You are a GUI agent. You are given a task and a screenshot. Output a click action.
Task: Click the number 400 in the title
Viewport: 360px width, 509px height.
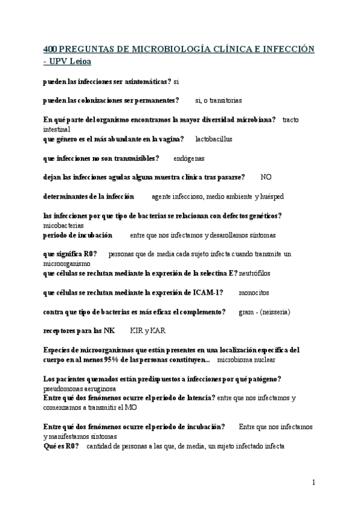[52, 48]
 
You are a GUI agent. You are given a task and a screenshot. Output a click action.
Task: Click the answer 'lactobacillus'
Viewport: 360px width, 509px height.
[214, 139]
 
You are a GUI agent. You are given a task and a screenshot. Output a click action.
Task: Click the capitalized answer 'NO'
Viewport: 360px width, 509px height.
[266, 177]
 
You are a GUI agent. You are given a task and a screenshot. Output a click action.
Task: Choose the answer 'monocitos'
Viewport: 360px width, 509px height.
[254, 292]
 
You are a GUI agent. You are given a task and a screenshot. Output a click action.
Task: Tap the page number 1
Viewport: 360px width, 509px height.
[314, 482]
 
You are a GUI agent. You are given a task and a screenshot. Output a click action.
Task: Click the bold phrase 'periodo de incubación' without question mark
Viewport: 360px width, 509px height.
[78, 235]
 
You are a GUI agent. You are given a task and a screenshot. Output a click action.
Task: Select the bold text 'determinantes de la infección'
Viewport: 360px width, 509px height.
[89, 196]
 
